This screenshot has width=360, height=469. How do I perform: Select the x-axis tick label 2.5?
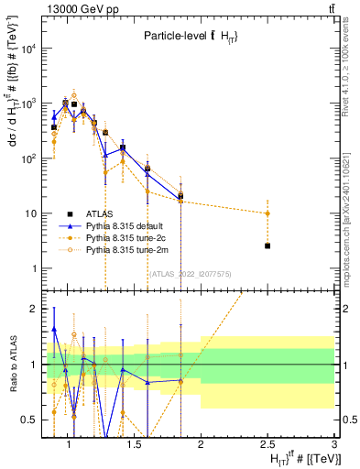pos(267,444)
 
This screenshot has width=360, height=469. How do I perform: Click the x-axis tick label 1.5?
pos(133,444)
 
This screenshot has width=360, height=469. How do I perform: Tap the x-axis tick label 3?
pos(334,444)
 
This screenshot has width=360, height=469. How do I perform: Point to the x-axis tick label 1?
pos(66,444)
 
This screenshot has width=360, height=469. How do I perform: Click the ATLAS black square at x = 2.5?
pos(267,245)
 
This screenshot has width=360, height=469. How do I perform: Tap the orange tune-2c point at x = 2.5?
pos(267,213)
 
